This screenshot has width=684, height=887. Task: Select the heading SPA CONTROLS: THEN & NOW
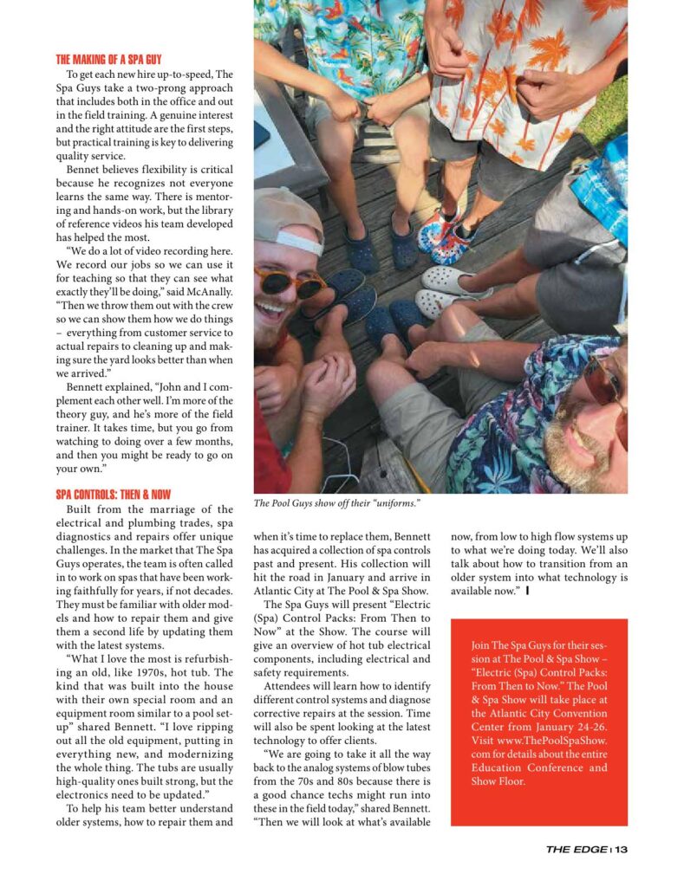pyautogui.click(x=113, y=495)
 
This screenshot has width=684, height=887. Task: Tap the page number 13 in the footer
pyautogui.click(x=621, y=850)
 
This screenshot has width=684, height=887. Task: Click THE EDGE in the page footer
pyautogui.click(x=577, y=850)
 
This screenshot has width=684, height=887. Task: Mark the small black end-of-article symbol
pyautogui.click(x=527, y=592)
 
